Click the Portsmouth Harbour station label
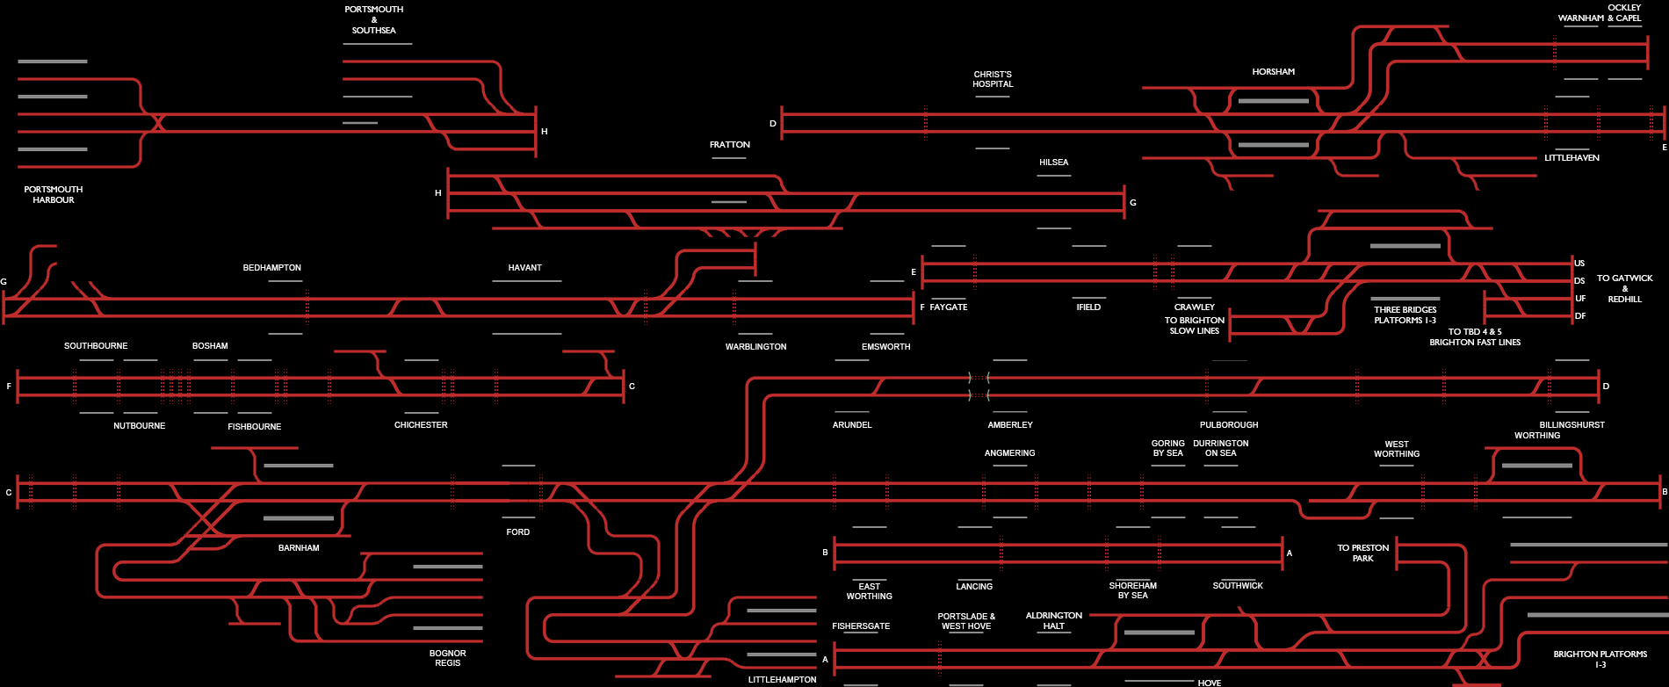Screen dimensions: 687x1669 (54, 194)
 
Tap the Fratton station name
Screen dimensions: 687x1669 (729, 145)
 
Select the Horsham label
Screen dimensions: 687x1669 (1273, 72)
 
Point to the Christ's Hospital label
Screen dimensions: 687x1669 (993, 79)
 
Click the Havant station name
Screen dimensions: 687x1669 (524, 268)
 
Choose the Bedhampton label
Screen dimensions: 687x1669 (271, 268)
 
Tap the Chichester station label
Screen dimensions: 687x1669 (421, 425)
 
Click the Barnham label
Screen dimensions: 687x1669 (299, 548)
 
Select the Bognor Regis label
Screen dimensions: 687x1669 (447, 658)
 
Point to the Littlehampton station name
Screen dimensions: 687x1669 (782, 680)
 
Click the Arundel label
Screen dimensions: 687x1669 (852, 425)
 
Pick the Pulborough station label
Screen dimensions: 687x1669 (1229, 425)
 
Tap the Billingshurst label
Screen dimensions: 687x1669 (1571, 425)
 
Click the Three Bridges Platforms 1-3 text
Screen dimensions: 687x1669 (1405, 315)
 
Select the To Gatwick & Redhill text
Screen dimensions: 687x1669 (1624, 288)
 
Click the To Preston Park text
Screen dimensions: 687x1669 (1362, 553)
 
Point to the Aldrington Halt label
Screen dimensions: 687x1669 (1053, 620)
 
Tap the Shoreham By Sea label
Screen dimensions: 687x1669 (1132, 590)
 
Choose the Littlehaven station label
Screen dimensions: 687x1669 (1571, 158)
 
